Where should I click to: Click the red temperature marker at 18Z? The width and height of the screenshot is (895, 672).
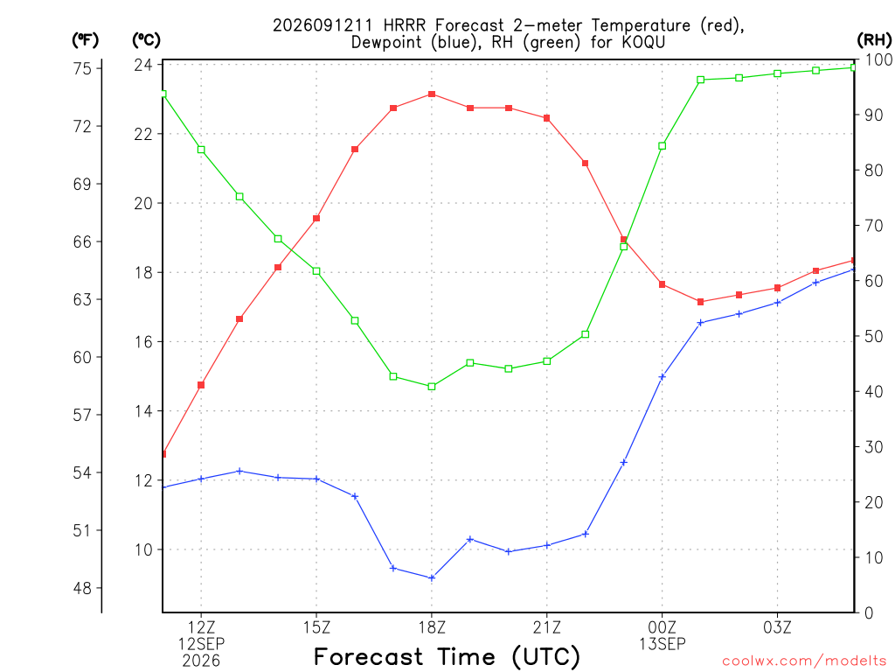pyautogui.click(x=432, y=94)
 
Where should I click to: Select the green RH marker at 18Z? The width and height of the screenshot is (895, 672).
pyautogui.click(x=432, y=387)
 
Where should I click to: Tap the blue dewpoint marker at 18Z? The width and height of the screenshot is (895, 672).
pyautogui.click(x=432, y=578)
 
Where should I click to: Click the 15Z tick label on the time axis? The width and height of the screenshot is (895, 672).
pyautogui.click(x=316, y=627)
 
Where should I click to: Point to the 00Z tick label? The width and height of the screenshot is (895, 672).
pyautogui.click(x=663, y=627)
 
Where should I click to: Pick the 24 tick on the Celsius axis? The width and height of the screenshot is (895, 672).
pyautogui.click(x=143, y=65)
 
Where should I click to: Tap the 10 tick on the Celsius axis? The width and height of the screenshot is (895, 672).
pyautogui.click(x=143, y=549)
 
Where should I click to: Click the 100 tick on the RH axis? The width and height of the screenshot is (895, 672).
pyautogui.click(x=879, y=59)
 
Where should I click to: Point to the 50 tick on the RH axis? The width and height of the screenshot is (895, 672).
pyautogui.click(x=874, y=336)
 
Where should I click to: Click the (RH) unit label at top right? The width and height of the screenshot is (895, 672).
pyautogui.click(x=874, y=39)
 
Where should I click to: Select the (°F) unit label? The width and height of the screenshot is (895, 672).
pyautogui.click(x=85, y=40)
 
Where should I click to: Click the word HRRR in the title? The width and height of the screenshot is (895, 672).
pyautogui.click(x=405, y=25)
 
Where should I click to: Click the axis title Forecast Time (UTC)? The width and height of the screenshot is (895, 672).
pyautogui.click(x=447, y=657)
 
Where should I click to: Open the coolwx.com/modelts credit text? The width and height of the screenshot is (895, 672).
pyautogui.click(x=804, y=661)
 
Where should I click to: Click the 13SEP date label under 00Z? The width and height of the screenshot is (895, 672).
pyautogui.click(x=663, y=644)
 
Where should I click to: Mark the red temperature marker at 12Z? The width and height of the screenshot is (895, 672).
pyautogui.click(x=201, y=385)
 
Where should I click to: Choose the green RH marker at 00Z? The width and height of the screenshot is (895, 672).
pyautogui.click(x=663, y=146)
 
